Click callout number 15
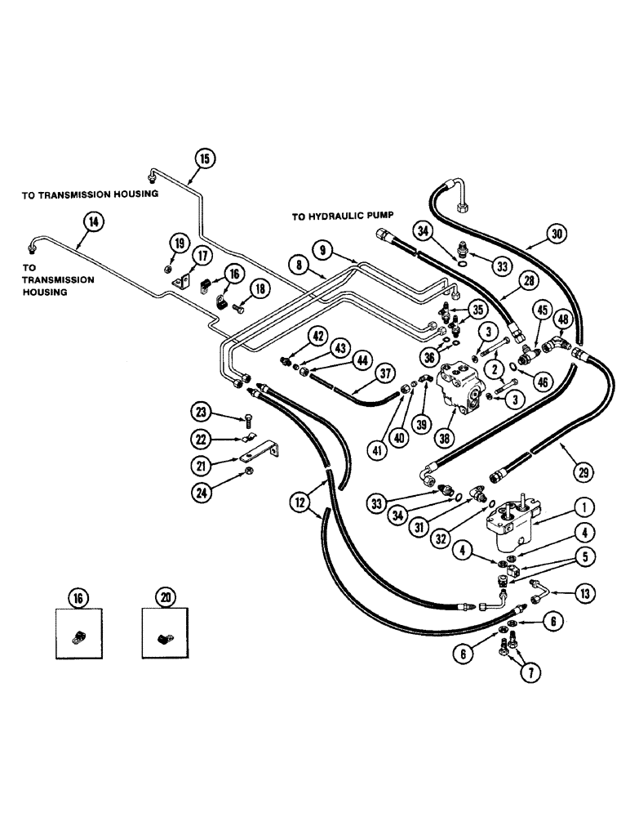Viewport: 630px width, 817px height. tap(204, 158)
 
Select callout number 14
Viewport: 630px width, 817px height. tap(94, 219)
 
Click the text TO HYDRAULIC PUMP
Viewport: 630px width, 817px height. tap(341, 217)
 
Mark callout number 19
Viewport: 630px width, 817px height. tap(179, 241)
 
